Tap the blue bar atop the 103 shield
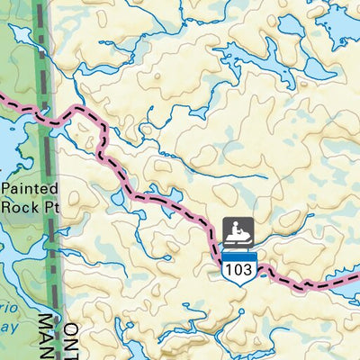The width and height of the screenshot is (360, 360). pos(239,256)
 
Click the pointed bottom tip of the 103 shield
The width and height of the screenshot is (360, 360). pos(239,283)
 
